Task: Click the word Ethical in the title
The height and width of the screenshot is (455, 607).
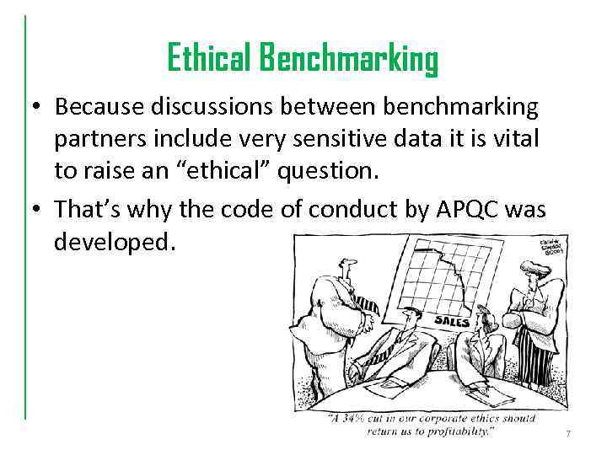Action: tap(210, 59)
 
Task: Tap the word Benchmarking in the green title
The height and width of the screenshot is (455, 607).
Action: tap(348, 59)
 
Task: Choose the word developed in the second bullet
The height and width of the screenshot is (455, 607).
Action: tap(114, 243)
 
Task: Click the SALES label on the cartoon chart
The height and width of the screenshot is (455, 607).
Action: tap(452, 320)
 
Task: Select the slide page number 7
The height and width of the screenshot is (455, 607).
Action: tap(568, 433)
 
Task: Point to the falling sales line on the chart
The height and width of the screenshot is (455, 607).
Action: tap(453, 279)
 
